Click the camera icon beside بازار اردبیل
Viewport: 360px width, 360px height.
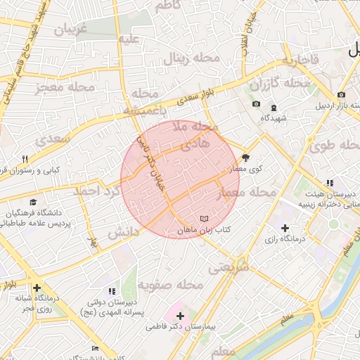[x=341, y=95]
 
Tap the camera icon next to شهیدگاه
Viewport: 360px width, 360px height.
[x=256, y=105]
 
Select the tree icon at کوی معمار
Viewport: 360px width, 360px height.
[x=246, y=157]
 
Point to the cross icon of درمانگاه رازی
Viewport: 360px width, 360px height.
[x=285, y=228]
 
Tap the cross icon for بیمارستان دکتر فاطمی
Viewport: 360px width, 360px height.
[x=181, y=316]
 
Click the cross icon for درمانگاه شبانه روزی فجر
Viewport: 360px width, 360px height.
[x=37, y=288]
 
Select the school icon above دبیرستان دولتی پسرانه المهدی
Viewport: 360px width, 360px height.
[x=111, y=291]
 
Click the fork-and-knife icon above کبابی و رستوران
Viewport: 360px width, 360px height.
[x=25, y=159]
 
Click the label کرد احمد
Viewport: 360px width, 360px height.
[x=97, y=191]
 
